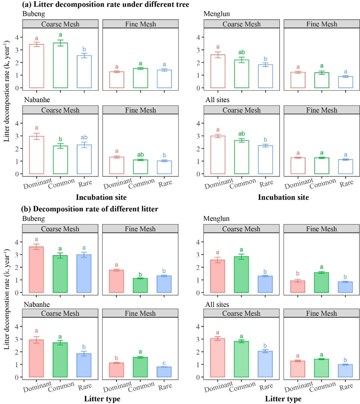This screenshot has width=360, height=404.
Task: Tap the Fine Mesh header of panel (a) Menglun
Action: point(310,24)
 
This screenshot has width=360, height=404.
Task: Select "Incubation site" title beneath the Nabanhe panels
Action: point(102,198)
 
